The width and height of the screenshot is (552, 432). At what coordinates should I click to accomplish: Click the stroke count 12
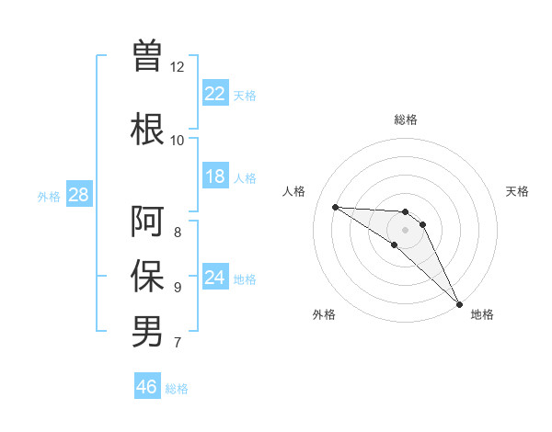coord(178,67)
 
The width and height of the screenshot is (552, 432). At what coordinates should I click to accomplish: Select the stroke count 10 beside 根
coord(178,141)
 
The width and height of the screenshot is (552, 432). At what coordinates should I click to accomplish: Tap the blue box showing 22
coord(215,94)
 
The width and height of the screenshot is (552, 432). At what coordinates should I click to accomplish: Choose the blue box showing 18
coord(215,176)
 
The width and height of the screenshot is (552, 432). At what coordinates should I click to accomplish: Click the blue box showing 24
coord(215,278)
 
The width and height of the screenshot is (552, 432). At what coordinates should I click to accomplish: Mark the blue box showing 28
coord(78,195)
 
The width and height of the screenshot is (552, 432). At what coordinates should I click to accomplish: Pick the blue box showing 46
coord(147,387)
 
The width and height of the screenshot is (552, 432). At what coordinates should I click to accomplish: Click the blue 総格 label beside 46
coord(177,389)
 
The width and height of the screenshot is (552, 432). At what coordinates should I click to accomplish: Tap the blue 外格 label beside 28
coord(49,196)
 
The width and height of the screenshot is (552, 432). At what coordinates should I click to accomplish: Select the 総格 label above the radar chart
coord(406,119)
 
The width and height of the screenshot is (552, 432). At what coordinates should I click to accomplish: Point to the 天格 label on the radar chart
coord(518,191)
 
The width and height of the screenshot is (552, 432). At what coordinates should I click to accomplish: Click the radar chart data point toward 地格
coord(458,302)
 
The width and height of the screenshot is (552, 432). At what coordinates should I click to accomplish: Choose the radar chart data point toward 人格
coord(335,207)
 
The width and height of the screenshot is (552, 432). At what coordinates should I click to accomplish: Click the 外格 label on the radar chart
coord(324,314)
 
